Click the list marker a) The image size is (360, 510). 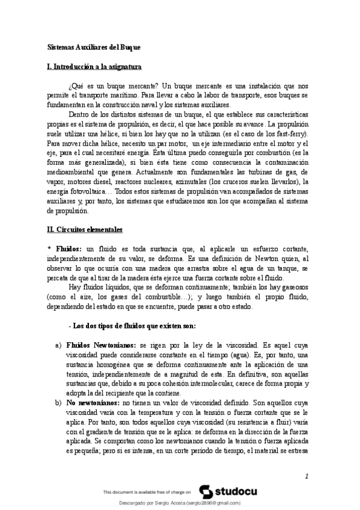[x=58, y=346]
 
